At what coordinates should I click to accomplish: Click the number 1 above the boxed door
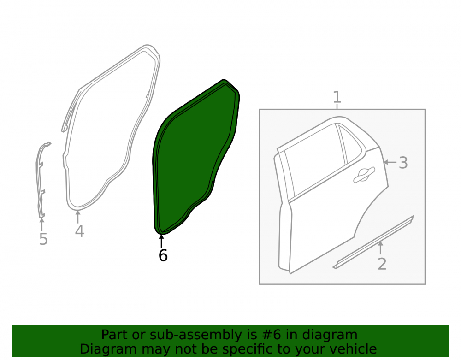coord(337,97)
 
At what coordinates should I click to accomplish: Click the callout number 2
coord(382,264)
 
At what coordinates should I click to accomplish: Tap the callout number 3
coord(403,163)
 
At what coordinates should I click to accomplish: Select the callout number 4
coord(79,231)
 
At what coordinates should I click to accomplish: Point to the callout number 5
coord(43,239)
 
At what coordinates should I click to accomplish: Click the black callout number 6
coord(163,255)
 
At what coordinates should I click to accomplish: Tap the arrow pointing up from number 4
coord(78,217)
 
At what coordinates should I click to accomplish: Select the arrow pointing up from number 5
coord(42,224)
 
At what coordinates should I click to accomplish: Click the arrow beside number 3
coord(390,162)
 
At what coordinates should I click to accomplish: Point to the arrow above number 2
coord(381,248)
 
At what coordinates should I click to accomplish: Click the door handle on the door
coord(364,174)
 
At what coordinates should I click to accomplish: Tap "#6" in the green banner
coord(271,335)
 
